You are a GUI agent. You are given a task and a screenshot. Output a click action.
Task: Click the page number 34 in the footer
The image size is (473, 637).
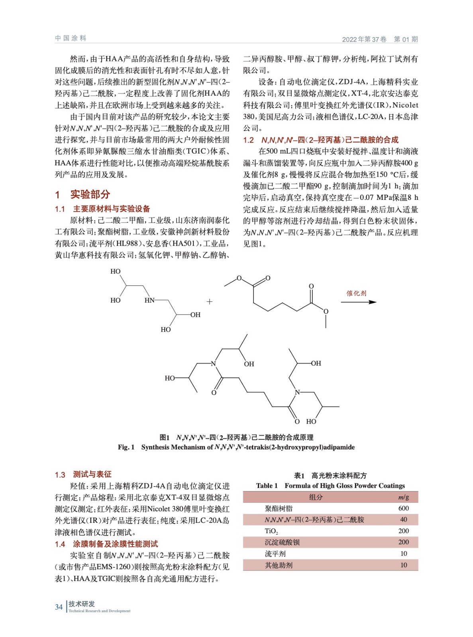tap(59, 607)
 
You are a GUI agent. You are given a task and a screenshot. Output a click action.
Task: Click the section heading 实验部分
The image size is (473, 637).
tap(90, 194)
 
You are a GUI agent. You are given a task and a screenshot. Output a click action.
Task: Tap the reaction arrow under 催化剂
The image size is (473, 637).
tap(358, 302)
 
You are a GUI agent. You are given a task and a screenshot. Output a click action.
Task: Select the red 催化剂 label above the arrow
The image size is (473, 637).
tap(356, 293)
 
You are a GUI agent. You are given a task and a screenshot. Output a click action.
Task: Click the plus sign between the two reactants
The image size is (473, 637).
tap(210, 302)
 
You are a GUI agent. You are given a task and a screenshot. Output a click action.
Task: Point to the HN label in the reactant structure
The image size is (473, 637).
tap(149, 300)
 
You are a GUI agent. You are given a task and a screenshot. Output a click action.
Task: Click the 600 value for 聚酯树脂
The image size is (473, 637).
tap(403, 508)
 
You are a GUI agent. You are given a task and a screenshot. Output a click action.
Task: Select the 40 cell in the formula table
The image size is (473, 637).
tap(403, 520)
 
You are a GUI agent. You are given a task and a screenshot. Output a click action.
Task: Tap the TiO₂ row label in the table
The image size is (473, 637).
tap(271, 531)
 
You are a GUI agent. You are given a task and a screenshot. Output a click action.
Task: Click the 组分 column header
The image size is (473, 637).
tap(316, 497)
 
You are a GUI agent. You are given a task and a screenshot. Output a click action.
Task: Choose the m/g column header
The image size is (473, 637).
tap(403, 497)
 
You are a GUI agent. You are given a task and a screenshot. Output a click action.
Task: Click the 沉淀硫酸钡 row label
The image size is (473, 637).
tap(282, 542)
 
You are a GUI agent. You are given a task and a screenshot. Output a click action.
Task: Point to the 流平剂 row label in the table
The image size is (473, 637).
tap(275, 554)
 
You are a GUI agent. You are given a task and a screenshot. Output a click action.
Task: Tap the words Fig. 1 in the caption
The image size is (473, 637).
tap(126, 447)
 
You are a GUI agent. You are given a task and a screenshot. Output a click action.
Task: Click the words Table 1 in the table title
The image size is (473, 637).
tap(267, 486)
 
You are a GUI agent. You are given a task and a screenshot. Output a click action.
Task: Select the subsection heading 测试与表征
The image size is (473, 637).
tap(92, 474)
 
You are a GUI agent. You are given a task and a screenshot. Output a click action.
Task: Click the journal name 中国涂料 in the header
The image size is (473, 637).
tap(71, 38)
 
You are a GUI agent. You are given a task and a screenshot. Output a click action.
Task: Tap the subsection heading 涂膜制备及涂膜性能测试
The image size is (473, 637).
tap(115, 544)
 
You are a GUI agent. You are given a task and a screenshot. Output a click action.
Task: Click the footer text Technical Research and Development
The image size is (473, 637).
tap(99, 611)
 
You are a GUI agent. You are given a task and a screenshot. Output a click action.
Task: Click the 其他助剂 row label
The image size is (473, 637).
tap(279, 565)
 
